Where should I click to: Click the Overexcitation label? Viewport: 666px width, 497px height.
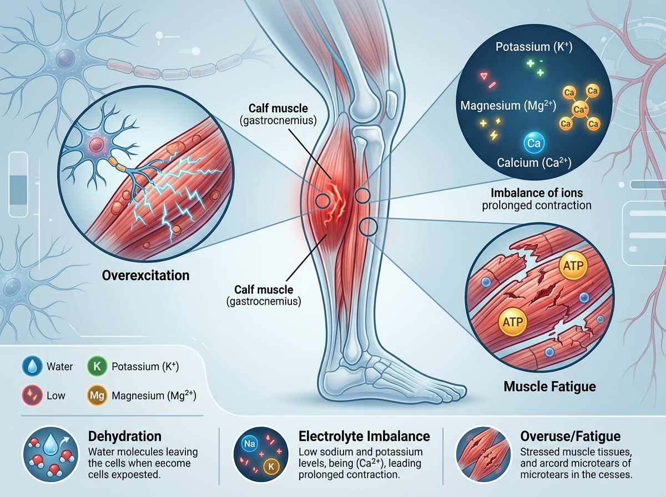145,275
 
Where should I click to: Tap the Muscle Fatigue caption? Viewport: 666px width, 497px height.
550,387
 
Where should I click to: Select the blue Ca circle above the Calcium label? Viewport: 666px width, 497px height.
534,143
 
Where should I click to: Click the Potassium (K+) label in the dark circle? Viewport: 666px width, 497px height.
534,47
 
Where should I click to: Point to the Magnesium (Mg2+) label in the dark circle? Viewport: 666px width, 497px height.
508,105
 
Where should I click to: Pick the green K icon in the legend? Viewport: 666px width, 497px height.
97,367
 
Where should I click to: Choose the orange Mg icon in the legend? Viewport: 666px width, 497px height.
97,395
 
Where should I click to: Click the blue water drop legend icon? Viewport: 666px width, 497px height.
32,367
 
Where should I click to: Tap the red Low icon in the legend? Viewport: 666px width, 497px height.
32,395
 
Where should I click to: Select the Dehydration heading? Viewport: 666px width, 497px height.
125,437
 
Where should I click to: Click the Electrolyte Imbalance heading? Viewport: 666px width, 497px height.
364,437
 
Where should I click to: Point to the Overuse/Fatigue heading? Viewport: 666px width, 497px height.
571,437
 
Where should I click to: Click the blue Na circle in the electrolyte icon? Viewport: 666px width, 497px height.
249,444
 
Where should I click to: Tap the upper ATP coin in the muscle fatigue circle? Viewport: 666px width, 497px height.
573,266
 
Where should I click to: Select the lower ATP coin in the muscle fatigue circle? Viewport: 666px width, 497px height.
513,322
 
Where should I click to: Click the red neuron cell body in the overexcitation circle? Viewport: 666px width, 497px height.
97,144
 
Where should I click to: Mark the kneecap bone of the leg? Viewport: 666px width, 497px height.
391,101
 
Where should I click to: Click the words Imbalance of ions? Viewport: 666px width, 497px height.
537,193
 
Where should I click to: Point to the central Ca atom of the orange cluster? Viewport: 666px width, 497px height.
579,109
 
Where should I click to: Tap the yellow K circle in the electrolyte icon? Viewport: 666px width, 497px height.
271,466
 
